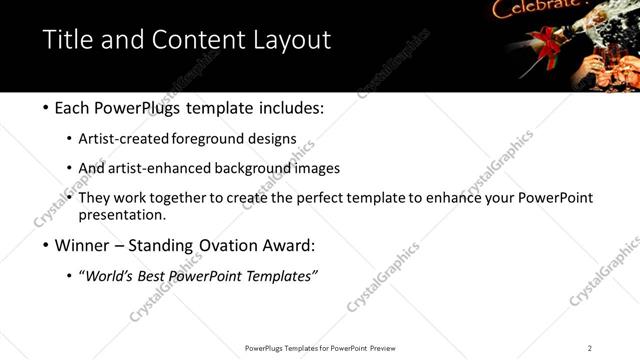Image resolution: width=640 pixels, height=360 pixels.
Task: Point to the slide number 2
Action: (x=590, y=348)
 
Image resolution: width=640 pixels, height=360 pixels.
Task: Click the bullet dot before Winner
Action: (x=46, y=245)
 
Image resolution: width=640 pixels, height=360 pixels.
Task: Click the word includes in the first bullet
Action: (x=291, y=107)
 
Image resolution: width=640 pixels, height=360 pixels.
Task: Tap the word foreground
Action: (x=230, y=139)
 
